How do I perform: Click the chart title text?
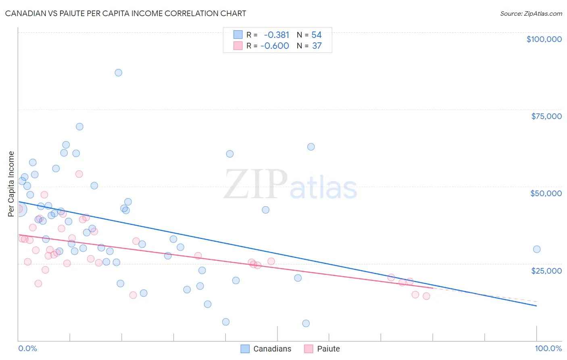pos(125,13)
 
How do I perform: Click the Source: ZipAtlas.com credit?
pos(531,14)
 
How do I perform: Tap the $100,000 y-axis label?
pos(544,39)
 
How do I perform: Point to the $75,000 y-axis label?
pos(546,116)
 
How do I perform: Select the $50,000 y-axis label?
pos(546,193)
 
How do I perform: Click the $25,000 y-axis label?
pos(546,271)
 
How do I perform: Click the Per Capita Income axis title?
pos(11,184)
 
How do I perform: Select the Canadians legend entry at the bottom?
pos(266,349)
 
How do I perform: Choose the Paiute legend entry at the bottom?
pos(322,349)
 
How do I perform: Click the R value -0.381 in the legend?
pos(276,35)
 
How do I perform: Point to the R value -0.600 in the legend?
pos(275,46)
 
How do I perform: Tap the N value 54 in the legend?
pos(317,35)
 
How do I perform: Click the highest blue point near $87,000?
pos(118,73)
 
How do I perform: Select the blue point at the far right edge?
pos(536,249)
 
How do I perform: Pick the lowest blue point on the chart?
pos(306,323)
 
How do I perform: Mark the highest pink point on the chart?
pos(79,174)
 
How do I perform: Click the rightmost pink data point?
pos(426,296)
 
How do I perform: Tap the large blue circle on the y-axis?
pos(19,209)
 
